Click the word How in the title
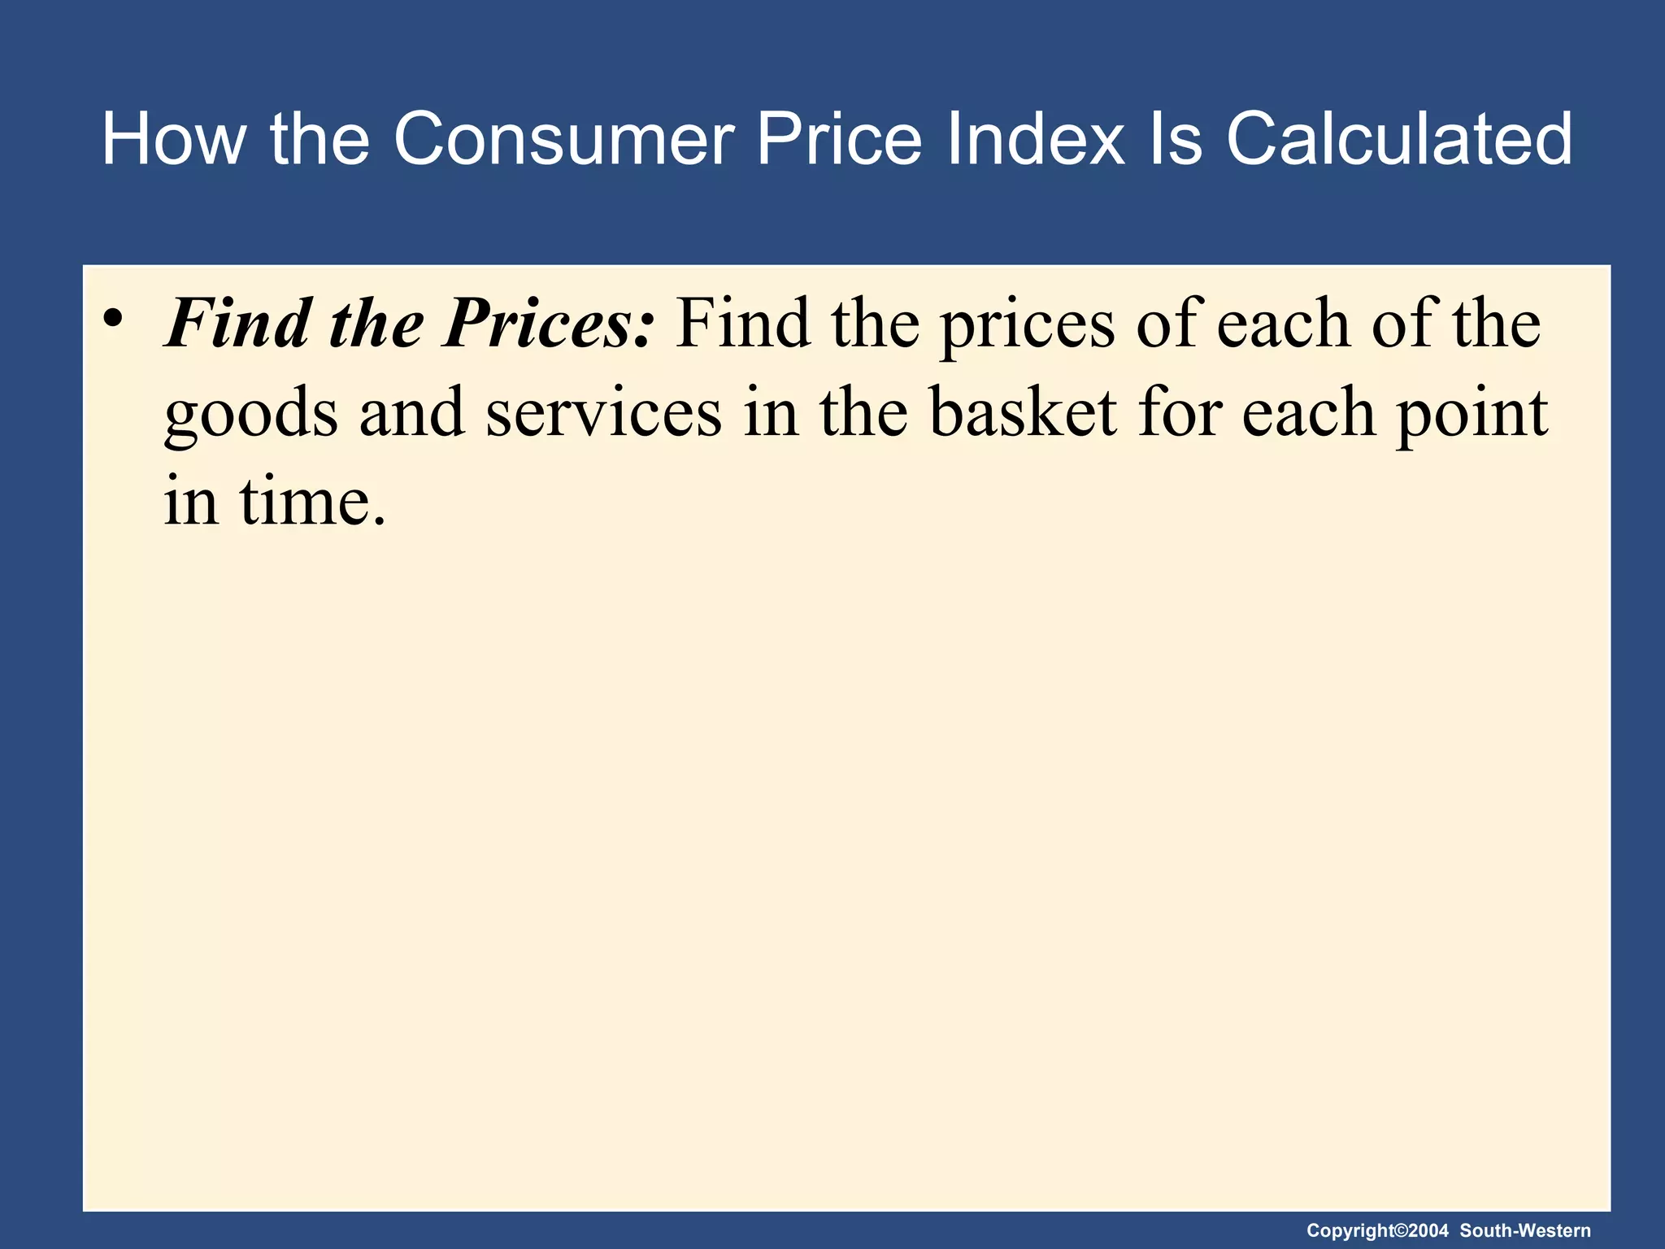click(173, 139)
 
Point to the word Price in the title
click(839, 139)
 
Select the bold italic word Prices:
click(548, 324)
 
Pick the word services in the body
click(604, 413)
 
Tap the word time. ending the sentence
click(313, 502)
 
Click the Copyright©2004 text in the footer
click(1377, 1231)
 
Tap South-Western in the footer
click(1525, 1231)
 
